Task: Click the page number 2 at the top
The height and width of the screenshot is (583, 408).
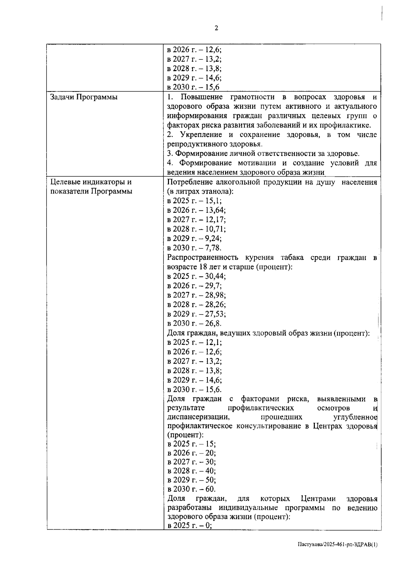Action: (216, 28)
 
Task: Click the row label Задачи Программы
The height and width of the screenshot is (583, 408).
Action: (84, 97)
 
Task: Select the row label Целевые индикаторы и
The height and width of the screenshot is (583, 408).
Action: (90, 182)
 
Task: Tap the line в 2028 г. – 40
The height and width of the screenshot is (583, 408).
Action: (191, 471)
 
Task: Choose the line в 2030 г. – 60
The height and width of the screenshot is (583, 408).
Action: (191, 490)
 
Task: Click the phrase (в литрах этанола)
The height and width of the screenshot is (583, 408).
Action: (200, 191)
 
